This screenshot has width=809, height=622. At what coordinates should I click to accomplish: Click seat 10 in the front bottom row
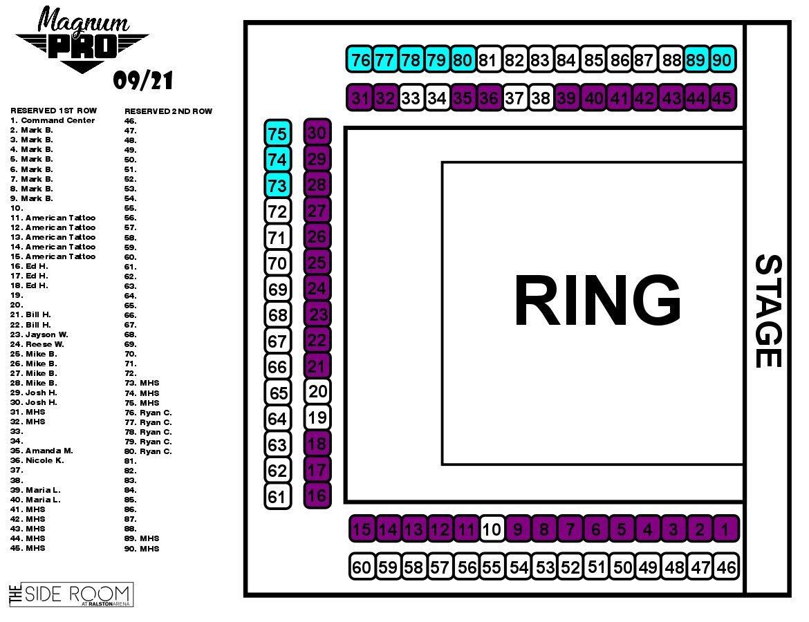[x=492, y=530]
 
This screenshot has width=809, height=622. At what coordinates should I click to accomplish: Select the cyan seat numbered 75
[x=277, y=133]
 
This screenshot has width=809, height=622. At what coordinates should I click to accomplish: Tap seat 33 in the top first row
[x=411, y=98]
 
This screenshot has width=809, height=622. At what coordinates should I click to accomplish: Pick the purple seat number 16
[x=317, y=495]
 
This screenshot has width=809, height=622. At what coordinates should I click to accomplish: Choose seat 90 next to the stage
[x=721, y=60]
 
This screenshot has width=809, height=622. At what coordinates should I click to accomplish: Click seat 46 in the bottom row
[x=727, y=567]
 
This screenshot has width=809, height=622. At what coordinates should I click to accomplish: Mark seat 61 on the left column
[x=277, y=497]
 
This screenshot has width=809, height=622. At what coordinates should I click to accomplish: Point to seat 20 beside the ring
[x=317, y=392]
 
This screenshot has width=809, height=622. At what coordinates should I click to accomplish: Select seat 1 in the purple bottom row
[x=725, y=530]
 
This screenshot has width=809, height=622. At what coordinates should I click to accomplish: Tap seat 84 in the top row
[x=566, y=60]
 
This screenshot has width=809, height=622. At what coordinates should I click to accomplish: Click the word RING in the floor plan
[x=597, y=302]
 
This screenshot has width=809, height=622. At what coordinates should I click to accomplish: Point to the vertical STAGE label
[x=768, y=311]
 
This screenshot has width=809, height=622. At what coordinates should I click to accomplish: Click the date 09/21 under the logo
[x=142, y=82]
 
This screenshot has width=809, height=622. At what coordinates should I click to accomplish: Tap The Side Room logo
[x=71, y=594]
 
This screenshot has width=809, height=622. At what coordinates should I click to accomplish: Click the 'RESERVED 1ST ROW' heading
[x=54, y=111]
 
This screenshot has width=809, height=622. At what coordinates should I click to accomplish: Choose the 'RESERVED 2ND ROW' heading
[x=168, y=111]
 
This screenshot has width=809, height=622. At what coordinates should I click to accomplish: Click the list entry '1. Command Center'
[x=53, y=120]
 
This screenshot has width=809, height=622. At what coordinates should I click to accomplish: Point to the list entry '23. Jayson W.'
[x=39, y=334]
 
